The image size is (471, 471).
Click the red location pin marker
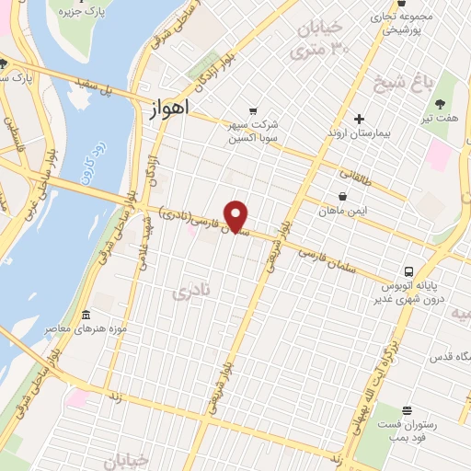[237, 217]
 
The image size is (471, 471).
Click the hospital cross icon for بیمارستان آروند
[360, 119]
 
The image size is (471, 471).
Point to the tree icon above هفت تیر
[439, 104]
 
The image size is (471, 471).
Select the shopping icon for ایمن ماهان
[343, 196]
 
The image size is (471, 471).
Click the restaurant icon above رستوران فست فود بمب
[407, 410]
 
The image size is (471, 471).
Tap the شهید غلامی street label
[144, 248]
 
